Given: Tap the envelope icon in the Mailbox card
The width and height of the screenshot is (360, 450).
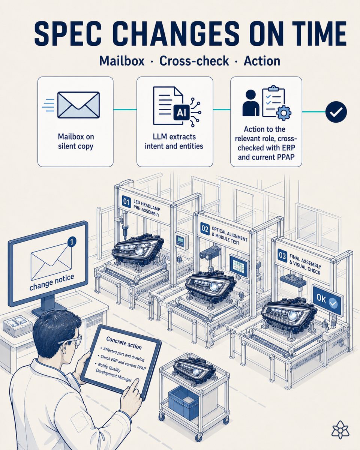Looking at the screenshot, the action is point(78,105).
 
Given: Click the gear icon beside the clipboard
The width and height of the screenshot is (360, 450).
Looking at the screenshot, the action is point(283,113).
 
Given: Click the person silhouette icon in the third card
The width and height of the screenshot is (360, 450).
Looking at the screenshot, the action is point(251,103).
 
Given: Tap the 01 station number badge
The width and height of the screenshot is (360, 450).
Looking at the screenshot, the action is point(126,202).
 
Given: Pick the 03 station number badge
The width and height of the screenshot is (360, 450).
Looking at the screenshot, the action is point(282,256).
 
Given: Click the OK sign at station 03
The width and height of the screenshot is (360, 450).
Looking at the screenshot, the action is point(328,301).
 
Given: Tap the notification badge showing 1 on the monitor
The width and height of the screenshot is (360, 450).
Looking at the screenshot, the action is point(72,242).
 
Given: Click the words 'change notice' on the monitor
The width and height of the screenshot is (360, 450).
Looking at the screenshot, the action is point(52,282).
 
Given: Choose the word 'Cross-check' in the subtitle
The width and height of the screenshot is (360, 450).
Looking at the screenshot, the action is point(194,61).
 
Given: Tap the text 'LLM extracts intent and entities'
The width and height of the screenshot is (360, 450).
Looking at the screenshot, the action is point(174,141).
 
